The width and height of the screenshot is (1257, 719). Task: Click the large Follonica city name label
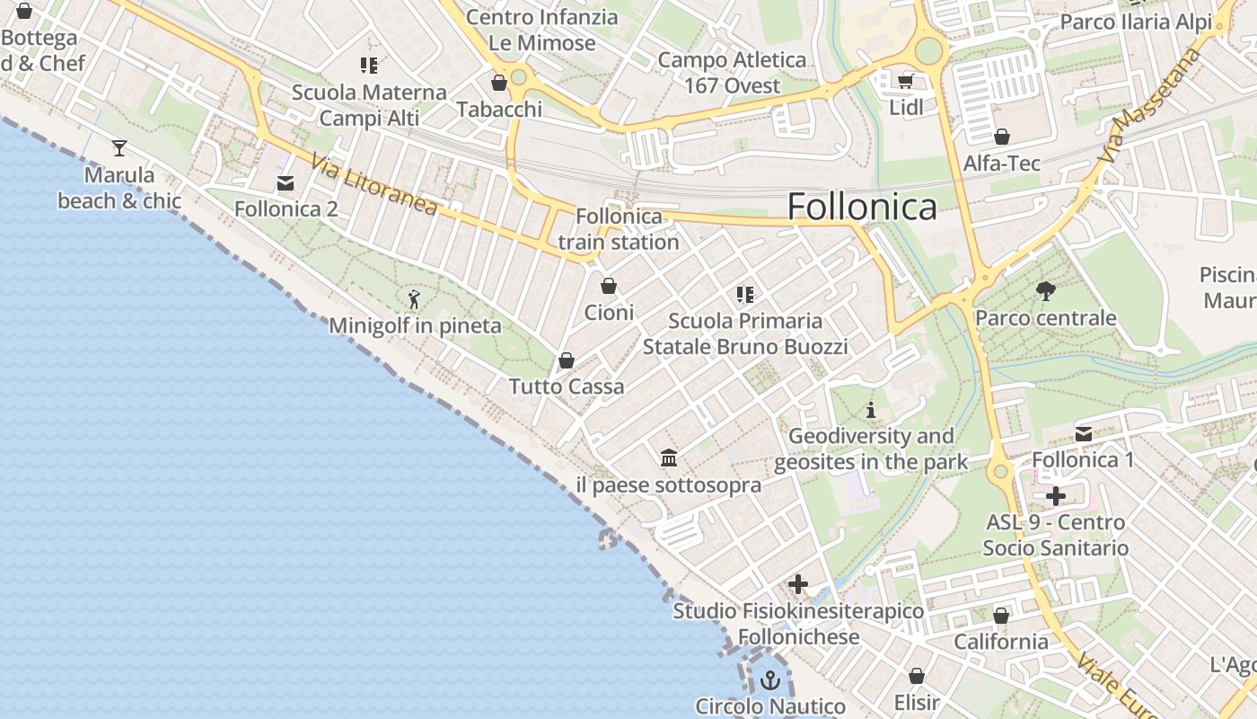(862, 207)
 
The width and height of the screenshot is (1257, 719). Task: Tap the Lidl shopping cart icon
(906, 82)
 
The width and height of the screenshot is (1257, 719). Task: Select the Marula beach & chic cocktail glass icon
(119, 148)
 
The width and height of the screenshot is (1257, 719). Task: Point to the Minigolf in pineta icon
(414, 299)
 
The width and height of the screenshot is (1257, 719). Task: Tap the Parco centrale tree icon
(1045, 291)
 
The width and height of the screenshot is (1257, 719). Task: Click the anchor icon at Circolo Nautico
(769, 680)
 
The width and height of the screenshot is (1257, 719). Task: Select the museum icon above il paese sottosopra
(669, 458)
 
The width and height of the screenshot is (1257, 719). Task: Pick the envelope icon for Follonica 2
(286, 183)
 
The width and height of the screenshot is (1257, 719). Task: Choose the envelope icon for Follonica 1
(1084, 434)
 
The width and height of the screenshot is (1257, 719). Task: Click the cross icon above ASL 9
(1056, 496)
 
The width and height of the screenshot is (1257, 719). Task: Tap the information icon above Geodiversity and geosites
(870, 411)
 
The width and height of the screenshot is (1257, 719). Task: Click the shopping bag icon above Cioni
(609, 286)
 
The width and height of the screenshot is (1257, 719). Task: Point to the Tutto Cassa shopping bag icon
(567, 360)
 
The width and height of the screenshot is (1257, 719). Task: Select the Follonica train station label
(619, 229)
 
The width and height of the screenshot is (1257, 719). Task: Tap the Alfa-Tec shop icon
(1002, 137)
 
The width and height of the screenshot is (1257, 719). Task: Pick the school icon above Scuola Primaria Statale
(744, 294)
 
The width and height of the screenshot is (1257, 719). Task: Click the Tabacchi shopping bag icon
(499, 83)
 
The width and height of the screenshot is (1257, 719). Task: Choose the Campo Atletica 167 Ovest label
(733, 73)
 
